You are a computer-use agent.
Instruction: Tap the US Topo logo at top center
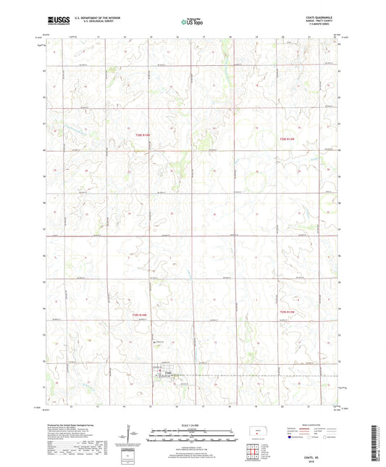coord(193,22)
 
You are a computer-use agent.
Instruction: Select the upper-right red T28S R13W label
coord(288,139)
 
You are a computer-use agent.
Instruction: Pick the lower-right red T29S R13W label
coord(288,312)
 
